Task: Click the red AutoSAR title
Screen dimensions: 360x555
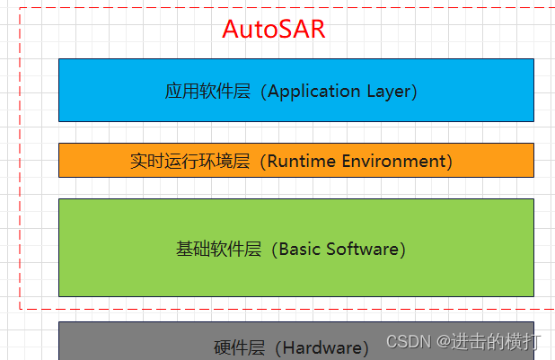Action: tap(273, 29)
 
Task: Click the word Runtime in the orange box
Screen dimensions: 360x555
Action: tap(302, 161)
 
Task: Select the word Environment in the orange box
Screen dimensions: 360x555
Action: tap(392, 161)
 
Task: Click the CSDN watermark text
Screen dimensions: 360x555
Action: tap(405, 342)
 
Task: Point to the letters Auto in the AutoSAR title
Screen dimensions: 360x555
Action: tap(247, 29)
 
